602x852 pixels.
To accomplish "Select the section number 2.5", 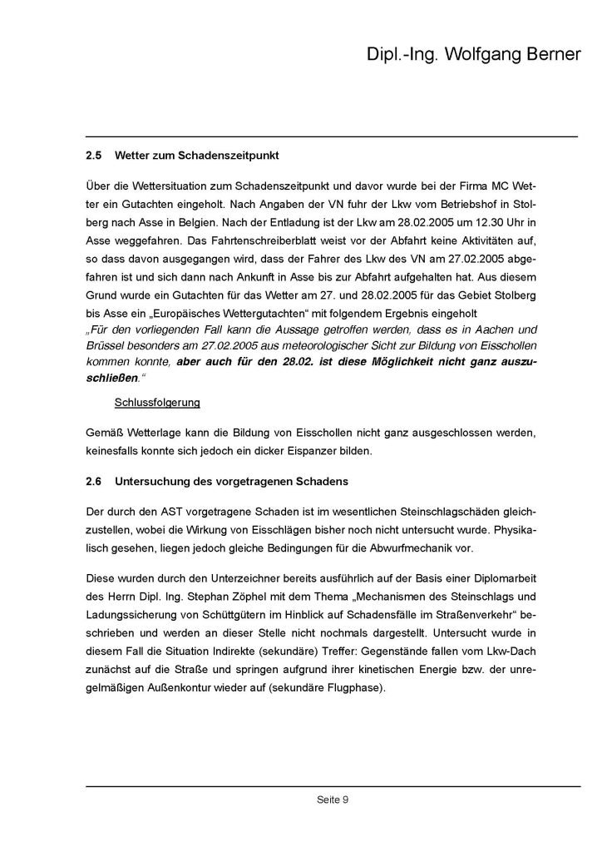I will (93, 156).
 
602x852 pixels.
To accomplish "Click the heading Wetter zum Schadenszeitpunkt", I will (196, 156).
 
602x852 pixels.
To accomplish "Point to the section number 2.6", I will (93, 481).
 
